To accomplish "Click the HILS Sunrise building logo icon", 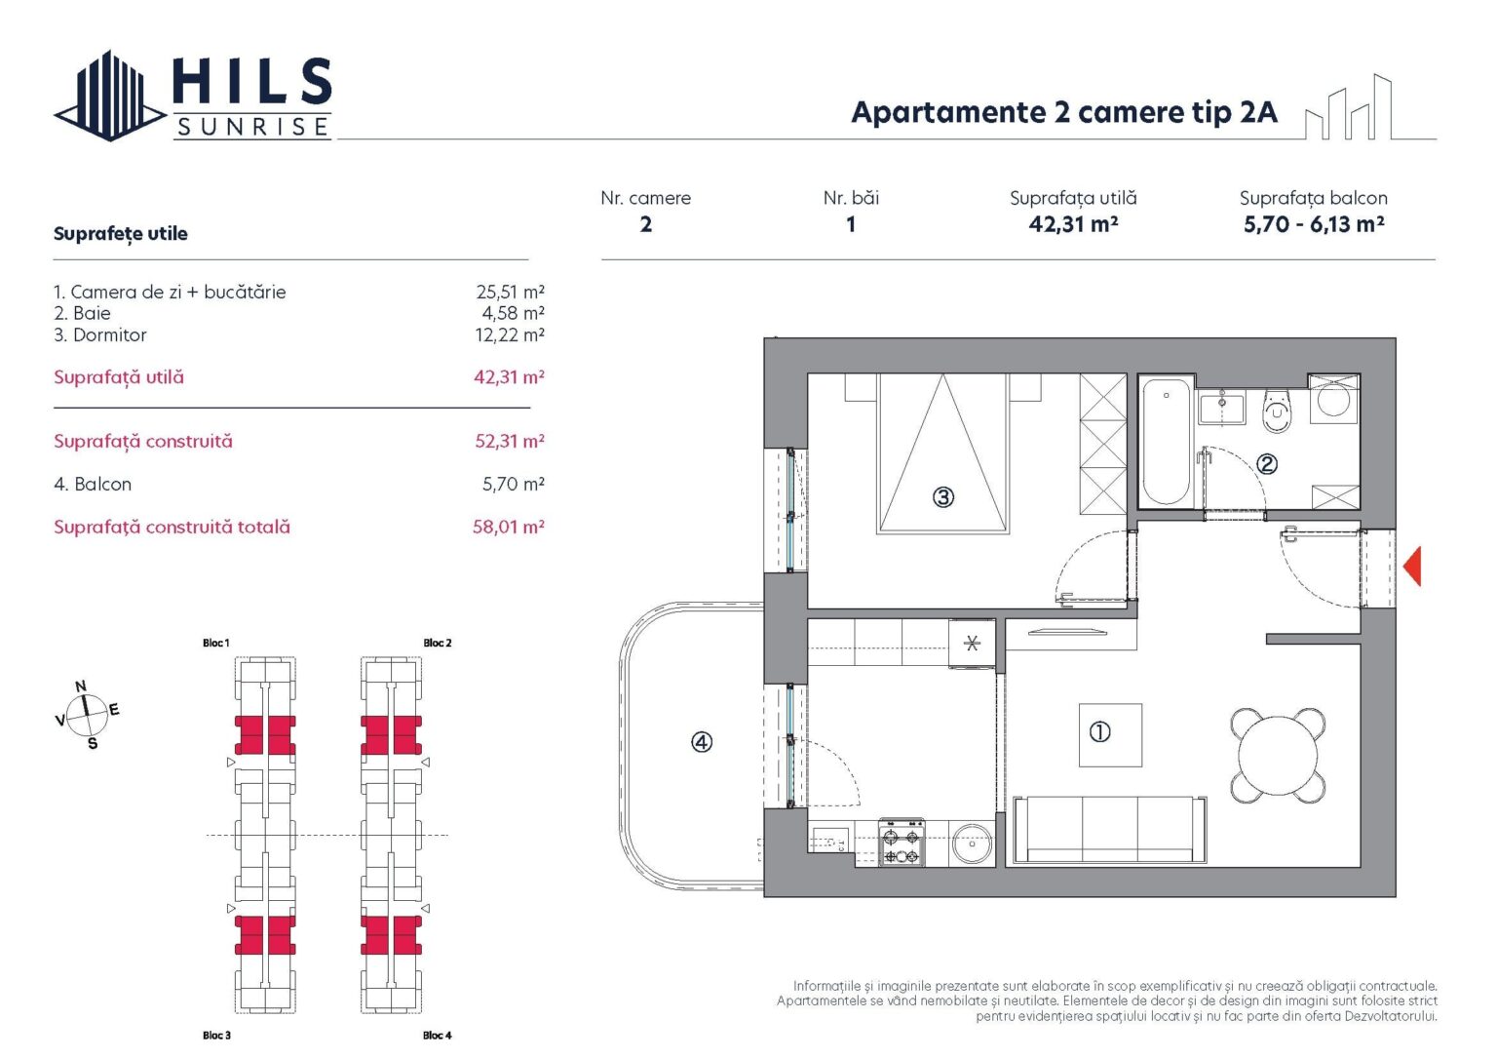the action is tap(110, 96).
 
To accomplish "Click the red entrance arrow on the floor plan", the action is tap(1412, 567).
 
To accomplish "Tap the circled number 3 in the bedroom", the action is tap(943, 497).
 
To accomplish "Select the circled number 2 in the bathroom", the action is tap(1267, 464).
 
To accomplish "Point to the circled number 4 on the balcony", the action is tap(701, 742).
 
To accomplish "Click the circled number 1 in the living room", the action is tap(1100, 732).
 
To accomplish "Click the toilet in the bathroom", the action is tap(1277, 410).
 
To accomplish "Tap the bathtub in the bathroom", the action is tap(1167, 442).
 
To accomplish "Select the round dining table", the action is tap(1278, 756).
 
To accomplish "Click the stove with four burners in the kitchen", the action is tap(902, 843).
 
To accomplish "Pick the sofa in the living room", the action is tap(1110, 831).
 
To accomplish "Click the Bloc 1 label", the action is tap(215, 644).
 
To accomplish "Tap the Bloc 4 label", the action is tap(437, 1036).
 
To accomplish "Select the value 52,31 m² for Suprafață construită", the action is tap(510, 441).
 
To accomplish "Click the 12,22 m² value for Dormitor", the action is tap(510, 334).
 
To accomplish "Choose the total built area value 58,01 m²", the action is tap(508, 527).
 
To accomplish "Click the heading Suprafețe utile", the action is tap(120, 234).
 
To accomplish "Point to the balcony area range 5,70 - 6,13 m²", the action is tap(1313, 224).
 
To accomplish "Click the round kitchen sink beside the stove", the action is tap(973, 844).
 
